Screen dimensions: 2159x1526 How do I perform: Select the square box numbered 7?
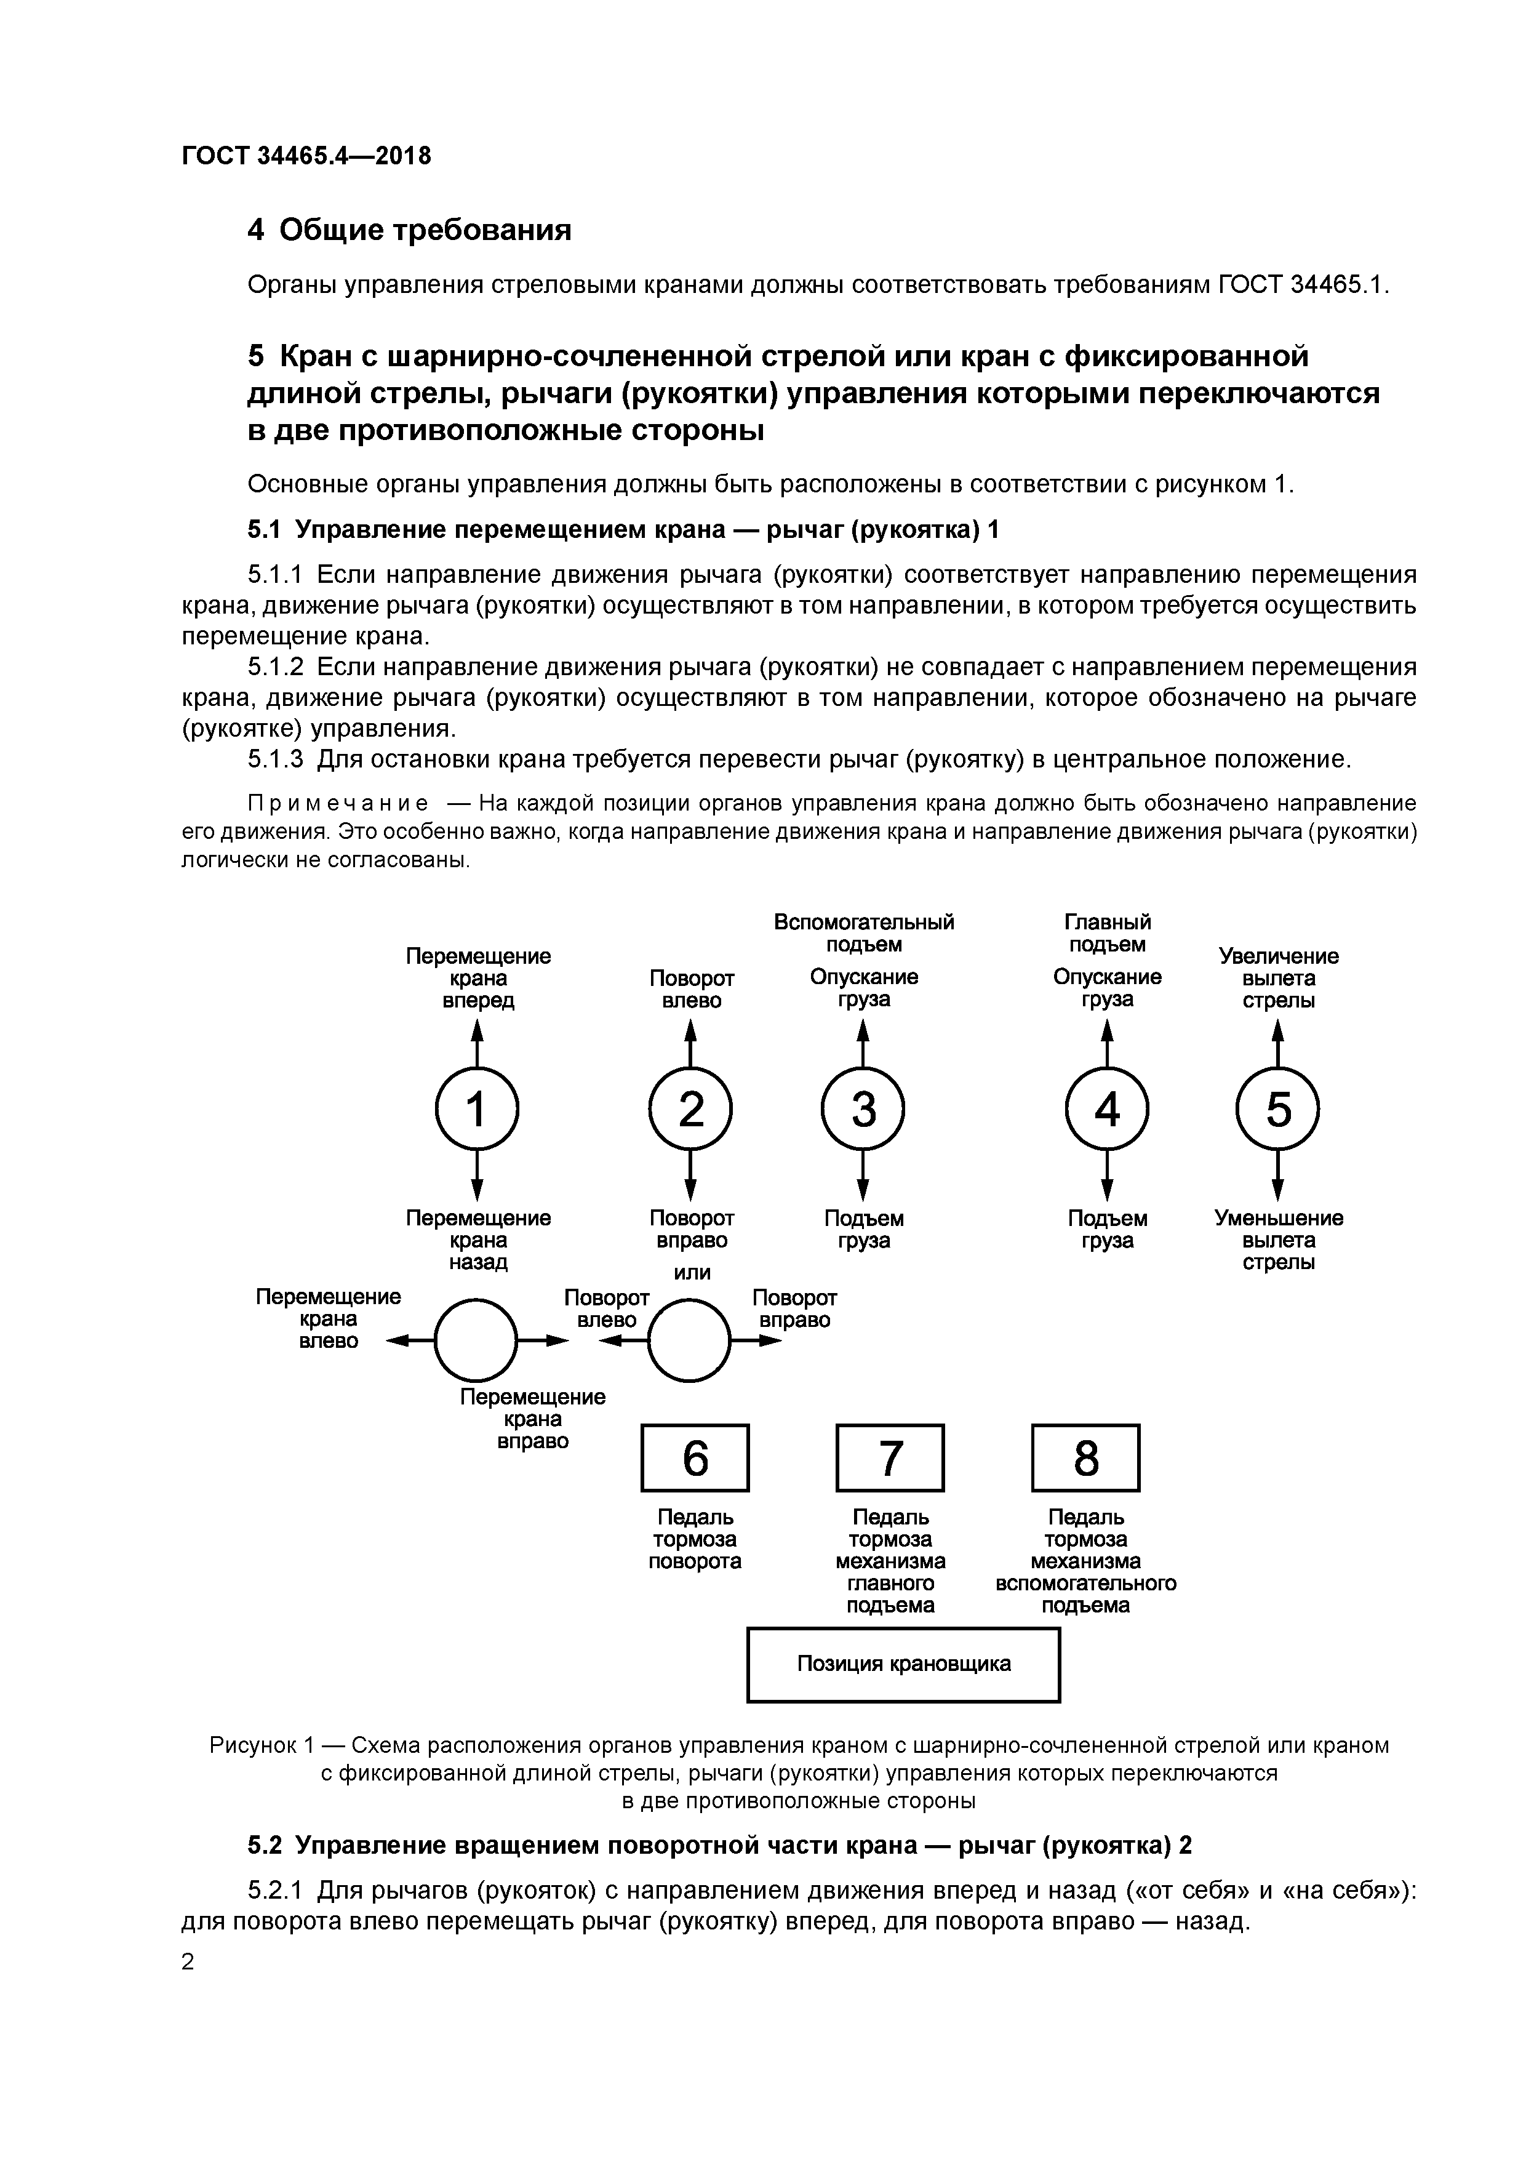(890, 1459)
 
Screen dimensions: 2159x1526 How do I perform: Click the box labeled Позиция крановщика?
(903, 1664)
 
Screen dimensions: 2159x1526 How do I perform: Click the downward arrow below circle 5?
(1278, 1178)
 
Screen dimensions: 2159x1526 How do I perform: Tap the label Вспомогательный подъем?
(863, 933)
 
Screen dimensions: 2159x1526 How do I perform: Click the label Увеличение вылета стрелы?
(1278, 978)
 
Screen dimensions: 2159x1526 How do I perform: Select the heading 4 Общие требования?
(409, 230)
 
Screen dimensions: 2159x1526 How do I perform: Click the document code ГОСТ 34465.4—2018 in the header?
(306, 156)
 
